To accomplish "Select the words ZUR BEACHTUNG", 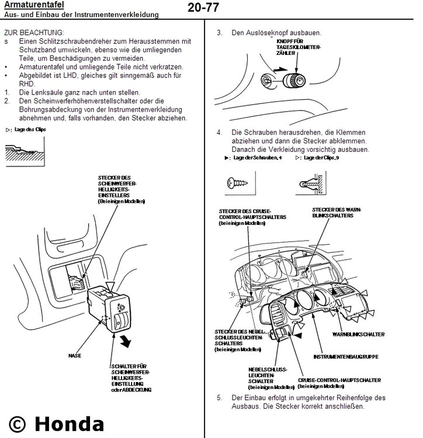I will pos(34,33).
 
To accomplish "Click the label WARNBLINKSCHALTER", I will pos(358,334).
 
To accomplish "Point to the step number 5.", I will pos(219,398).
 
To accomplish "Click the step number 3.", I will pos(219,33).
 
